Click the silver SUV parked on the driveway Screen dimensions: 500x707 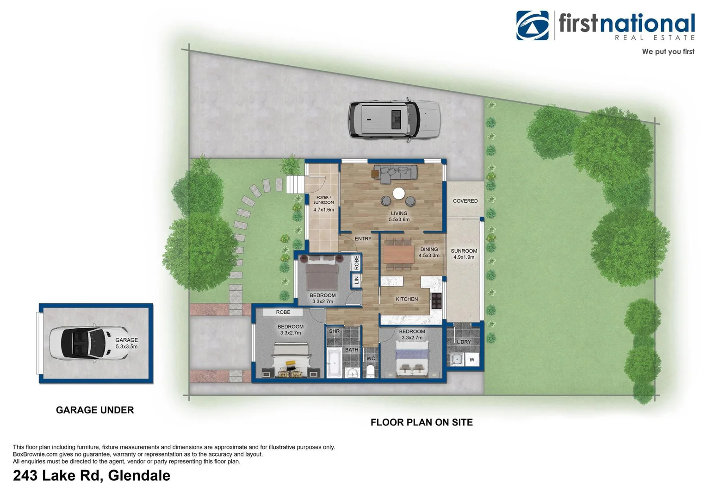pyautogui.click(x=394, y=119)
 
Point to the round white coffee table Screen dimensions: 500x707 pyautogui.click(x=399, y=193)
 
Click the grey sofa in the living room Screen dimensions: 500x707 pyautogui.click(x=396, y=172)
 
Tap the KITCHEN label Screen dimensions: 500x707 pyautogui.click(x=407, y=299)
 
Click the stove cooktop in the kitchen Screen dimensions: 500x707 pyautogui.click(x=436, y=301)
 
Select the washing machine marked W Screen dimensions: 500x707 pyautogui.click(x=472, y=360)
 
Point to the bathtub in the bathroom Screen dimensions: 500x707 pyautogui.click(x=334, y=363)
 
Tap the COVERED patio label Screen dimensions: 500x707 pyautogui.click(x=465, y=201)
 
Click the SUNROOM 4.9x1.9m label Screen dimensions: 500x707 pyautogui.click(x=464, y=254)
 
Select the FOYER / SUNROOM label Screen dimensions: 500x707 pyautogui.click(x=323, y=200)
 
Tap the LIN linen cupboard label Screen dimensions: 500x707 pyautogui.click(x=356, y=280)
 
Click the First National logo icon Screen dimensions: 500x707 pyautogui.click(x=532, y=25)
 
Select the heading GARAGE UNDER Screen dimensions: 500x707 pyautogui.click(x=95, y=410)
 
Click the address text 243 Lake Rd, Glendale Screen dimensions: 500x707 pyautogui.click(x=92, y=475)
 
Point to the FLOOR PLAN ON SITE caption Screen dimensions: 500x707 pyautogui.click(x=422, y=422)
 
